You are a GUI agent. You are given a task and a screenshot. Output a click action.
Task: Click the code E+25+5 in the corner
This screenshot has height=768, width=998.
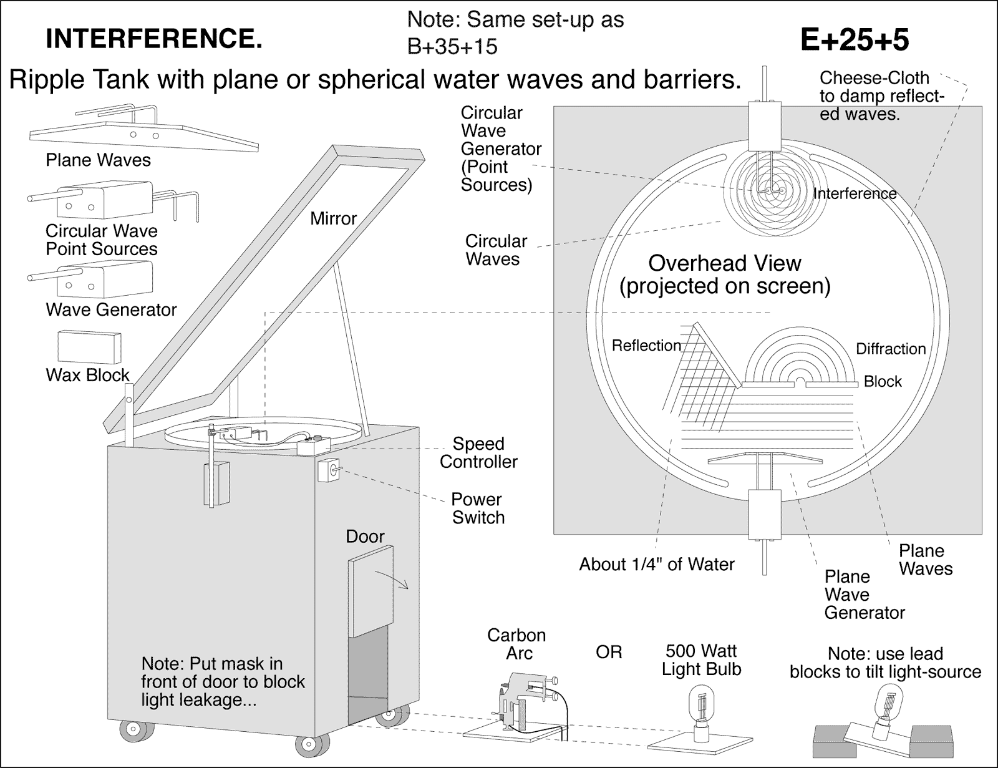pyautogui.click(x=854, y=41)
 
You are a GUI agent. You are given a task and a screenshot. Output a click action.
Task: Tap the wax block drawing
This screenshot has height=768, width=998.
pyautogui.click(x=89, y=347)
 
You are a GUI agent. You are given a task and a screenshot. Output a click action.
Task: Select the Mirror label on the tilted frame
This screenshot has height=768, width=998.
pyautogui.click(x=333, y=218)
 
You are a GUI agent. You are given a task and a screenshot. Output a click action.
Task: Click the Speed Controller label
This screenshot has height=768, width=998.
pyautogui.click(x=478, y=453)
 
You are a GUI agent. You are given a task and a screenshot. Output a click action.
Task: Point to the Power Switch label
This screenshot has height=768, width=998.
pyautogui.click(x=478, y=508)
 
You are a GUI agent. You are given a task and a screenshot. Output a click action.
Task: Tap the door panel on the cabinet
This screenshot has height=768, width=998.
pyautogui.click(x=371, y=590)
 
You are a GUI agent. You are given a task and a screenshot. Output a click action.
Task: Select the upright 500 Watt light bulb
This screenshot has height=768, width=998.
pyautogui.click(x=702, y=708)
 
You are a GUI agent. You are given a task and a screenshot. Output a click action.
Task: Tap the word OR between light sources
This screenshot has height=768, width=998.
pyautogui.click(x=609, y=653)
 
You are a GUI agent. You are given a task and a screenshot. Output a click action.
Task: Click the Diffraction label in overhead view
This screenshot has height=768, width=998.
pyautogui.click(x=890, y=349)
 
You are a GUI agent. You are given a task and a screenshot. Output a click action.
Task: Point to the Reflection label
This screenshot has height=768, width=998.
pyautogui.click(x=646, y=346)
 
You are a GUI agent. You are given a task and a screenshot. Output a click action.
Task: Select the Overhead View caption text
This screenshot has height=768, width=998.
pyautogui.click(x=724, y=275)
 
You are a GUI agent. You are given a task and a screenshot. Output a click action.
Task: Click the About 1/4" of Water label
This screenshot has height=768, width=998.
pyautogui.click(x=656, y=565)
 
